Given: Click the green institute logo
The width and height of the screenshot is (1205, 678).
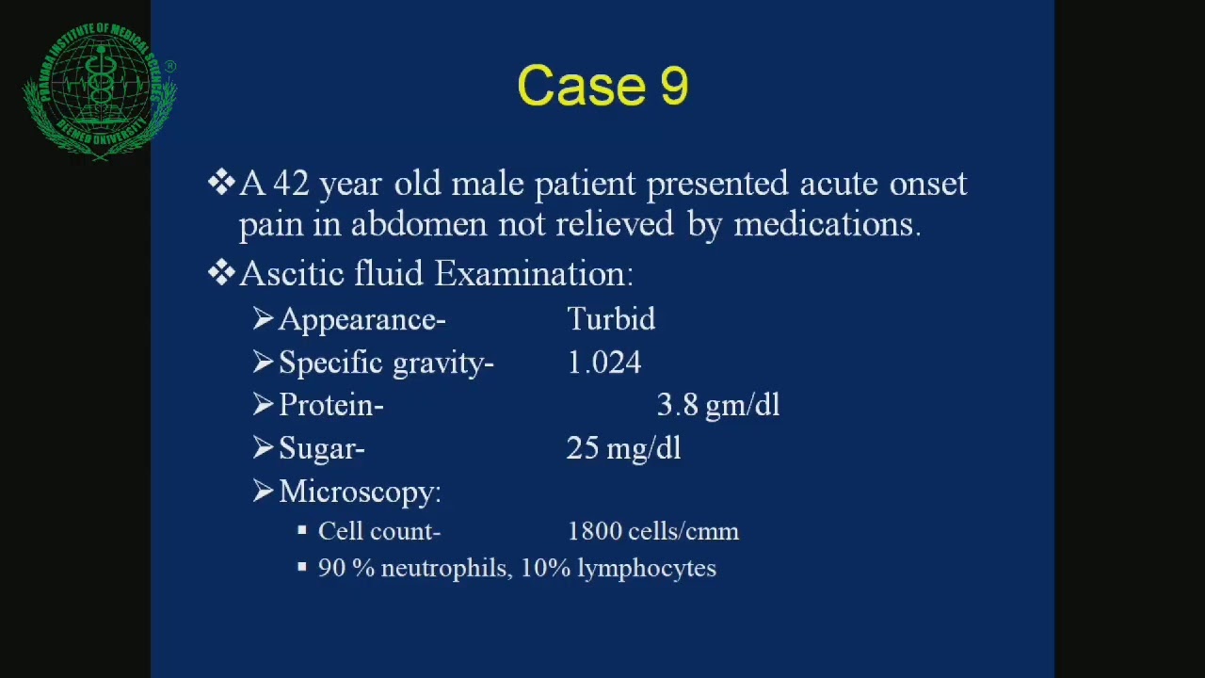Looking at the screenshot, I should (100, 91).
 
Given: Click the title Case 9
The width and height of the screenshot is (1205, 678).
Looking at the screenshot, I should (602, 86).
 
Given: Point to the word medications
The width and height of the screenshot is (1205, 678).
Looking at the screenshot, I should (826, 224).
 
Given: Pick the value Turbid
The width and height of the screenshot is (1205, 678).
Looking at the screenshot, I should (611, 319).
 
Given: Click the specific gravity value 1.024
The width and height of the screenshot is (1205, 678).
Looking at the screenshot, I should (603, 363).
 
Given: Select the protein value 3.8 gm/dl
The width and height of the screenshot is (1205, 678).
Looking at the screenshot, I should (718, 405).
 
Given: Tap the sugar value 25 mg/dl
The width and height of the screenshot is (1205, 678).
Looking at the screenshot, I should (623, 448).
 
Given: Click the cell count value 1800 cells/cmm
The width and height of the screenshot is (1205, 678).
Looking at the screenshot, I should (653, 531).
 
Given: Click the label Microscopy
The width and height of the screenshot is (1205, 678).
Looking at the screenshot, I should (360, 492).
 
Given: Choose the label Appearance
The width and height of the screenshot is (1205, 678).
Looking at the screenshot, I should (361, 320).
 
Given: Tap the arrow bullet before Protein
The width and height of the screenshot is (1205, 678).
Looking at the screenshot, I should (263, 404).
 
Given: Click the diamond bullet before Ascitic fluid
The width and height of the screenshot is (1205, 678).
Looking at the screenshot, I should (221, 273).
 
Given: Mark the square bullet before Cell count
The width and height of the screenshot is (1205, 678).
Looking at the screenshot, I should (302, 531).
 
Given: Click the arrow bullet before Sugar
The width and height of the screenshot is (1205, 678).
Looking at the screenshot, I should (263, 447).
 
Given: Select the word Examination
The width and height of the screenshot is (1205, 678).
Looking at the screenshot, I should (534, 274).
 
